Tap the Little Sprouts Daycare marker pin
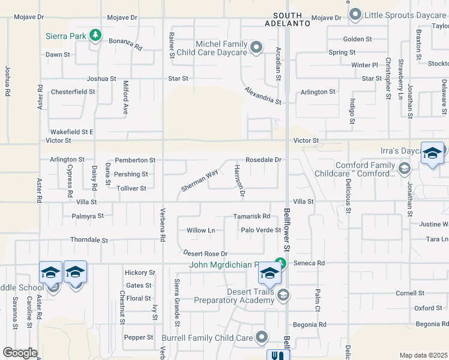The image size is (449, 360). tap(355, 14)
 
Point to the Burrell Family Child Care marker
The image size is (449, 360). tap(261, 338)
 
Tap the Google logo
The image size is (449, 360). tap(20, 353)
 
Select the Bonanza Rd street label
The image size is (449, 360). tap(125, 44)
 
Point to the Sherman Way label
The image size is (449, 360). tap(199, 181)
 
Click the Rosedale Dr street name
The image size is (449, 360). tap(264, 160)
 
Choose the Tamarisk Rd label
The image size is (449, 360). tap(252, 216)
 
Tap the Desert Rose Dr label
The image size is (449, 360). tap(205, 254)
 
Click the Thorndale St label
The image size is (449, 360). tap(89, 240)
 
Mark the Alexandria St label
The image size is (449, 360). tap(263, 95)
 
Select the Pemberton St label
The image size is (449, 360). tap(135, 160)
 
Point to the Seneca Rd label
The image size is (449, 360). tap(309, 263)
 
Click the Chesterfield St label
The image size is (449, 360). tap(73, 92)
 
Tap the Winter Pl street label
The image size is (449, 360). tap(364, 65)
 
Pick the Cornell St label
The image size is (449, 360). tap(410, 293)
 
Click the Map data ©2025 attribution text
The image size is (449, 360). tap(423, 355)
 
